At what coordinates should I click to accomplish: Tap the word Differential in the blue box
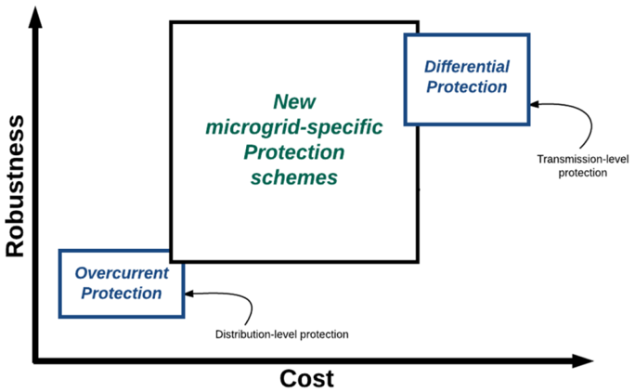[x=466, y=67]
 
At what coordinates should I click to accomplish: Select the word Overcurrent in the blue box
[x=121, y=274]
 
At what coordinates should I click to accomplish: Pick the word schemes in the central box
[x=293, y=176]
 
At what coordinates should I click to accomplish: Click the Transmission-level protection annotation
[x=572, y=164]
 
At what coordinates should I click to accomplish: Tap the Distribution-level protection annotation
[x=282, y=333]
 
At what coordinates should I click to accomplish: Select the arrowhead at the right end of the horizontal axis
[x=584, y=359]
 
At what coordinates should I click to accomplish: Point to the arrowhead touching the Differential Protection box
[x=536, y=104]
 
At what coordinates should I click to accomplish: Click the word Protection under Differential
[x=466, y=86]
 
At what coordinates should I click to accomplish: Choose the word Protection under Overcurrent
[x=121, y=294]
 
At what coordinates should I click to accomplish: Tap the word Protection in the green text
[x=293, y=151]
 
